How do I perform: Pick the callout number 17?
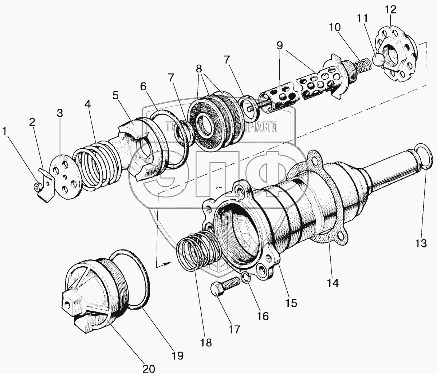234,329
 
